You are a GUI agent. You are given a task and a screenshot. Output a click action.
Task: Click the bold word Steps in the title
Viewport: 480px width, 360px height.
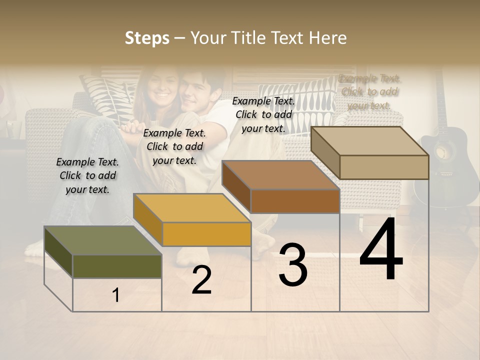pyautogui.click(x=147, y=38)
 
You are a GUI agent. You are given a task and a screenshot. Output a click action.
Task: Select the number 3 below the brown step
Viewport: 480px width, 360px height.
pyautogui.click(x=292, y=265)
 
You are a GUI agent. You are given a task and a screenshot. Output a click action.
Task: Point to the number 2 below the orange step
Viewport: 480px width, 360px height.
pyautogui.click(x=201, y=280)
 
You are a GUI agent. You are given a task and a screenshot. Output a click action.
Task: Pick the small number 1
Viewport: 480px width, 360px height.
pyautogui.click(x=116, y=295)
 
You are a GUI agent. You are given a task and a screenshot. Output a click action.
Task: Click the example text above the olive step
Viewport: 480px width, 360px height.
pyautogui.click(x=87, y=175)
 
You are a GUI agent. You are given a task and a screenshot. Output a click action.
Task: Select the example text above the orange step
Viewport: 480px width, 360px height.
pyautogui.click(x=174, y=146)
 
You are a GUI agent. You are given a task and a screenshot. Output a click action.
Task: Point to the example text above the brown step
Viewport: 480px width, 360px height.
pyautogui.click(x=263, y=114)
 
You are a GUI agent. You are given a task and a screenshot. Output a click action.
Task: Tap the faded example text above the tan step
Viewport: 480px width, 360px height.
pyautogui.click(x=369, y=92)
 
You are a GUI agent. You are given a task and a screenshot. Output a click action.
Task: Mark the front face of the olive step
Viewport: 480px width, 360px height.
pyautogui.click(x=117, y=266)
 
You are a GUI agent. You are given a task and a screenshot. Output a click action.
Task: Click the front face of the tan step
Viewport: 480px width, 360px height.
pyautogui.click(x=384, y=167)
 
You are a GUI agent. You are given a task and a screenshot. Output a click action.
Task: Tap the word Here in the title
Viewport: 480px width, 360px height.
pyautogui.click(x=328, y=38)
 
